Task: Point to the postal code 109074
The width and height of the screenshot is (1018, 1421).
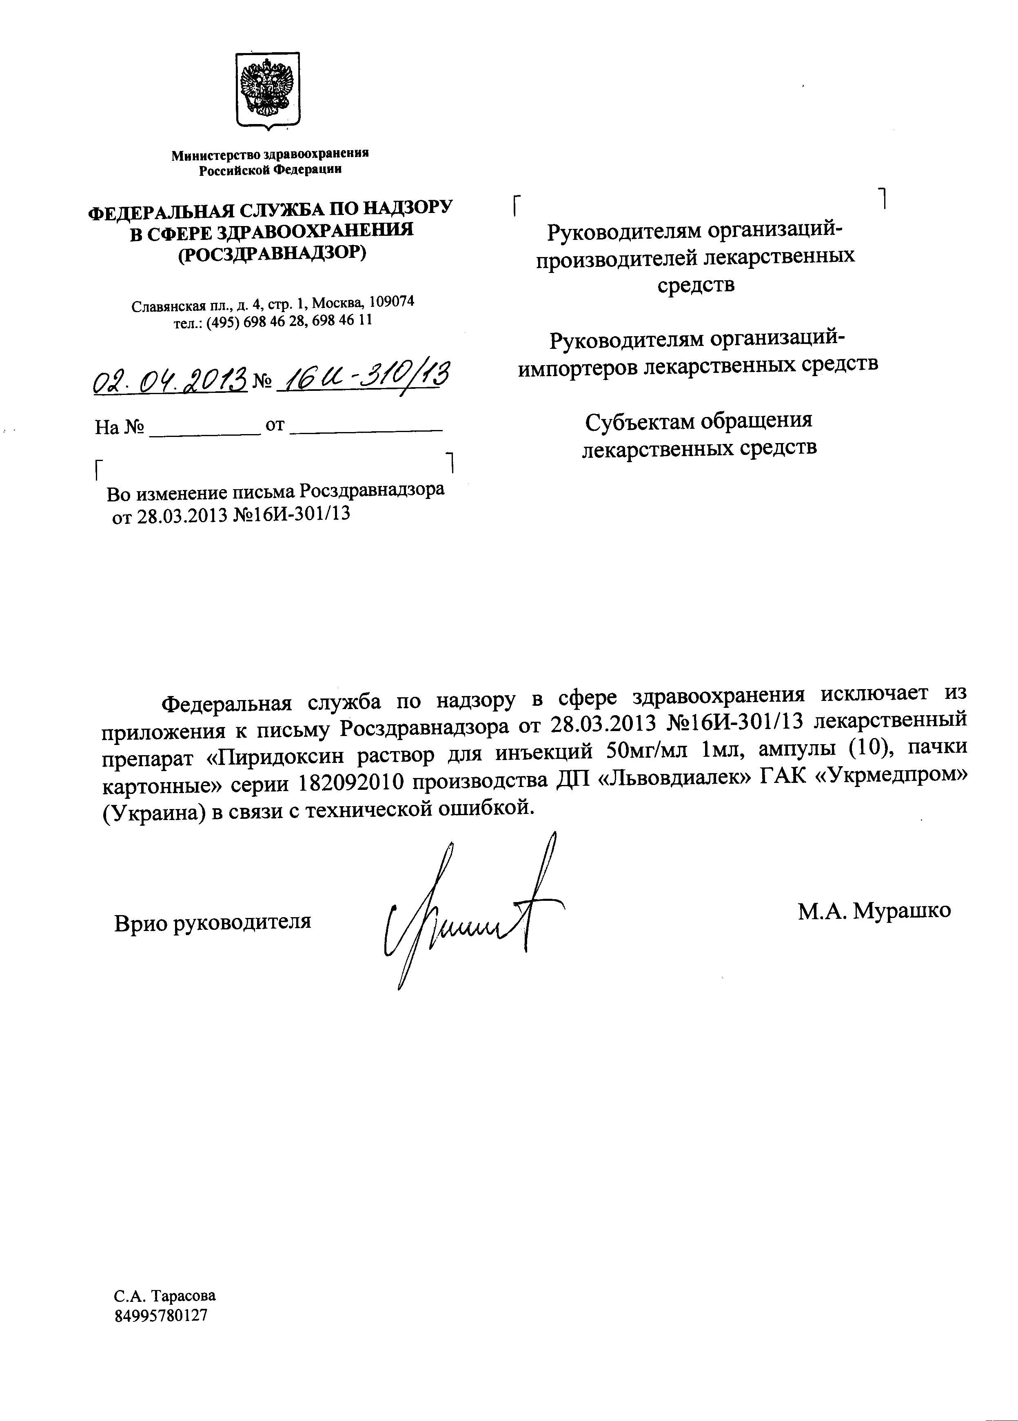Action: click(392, 301)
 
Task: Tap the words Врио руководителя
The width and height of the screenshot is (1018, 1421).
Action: click(212, 922)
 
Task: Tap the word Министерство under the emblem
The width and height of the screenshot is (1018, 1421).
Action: click(214, 155)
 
